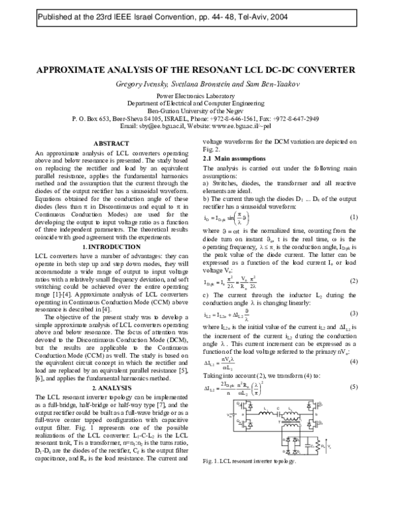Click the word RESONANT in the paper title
pyautogui.click(x=204, y=70)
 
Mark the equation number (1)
pyautogui.click(x=354, y=218)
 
